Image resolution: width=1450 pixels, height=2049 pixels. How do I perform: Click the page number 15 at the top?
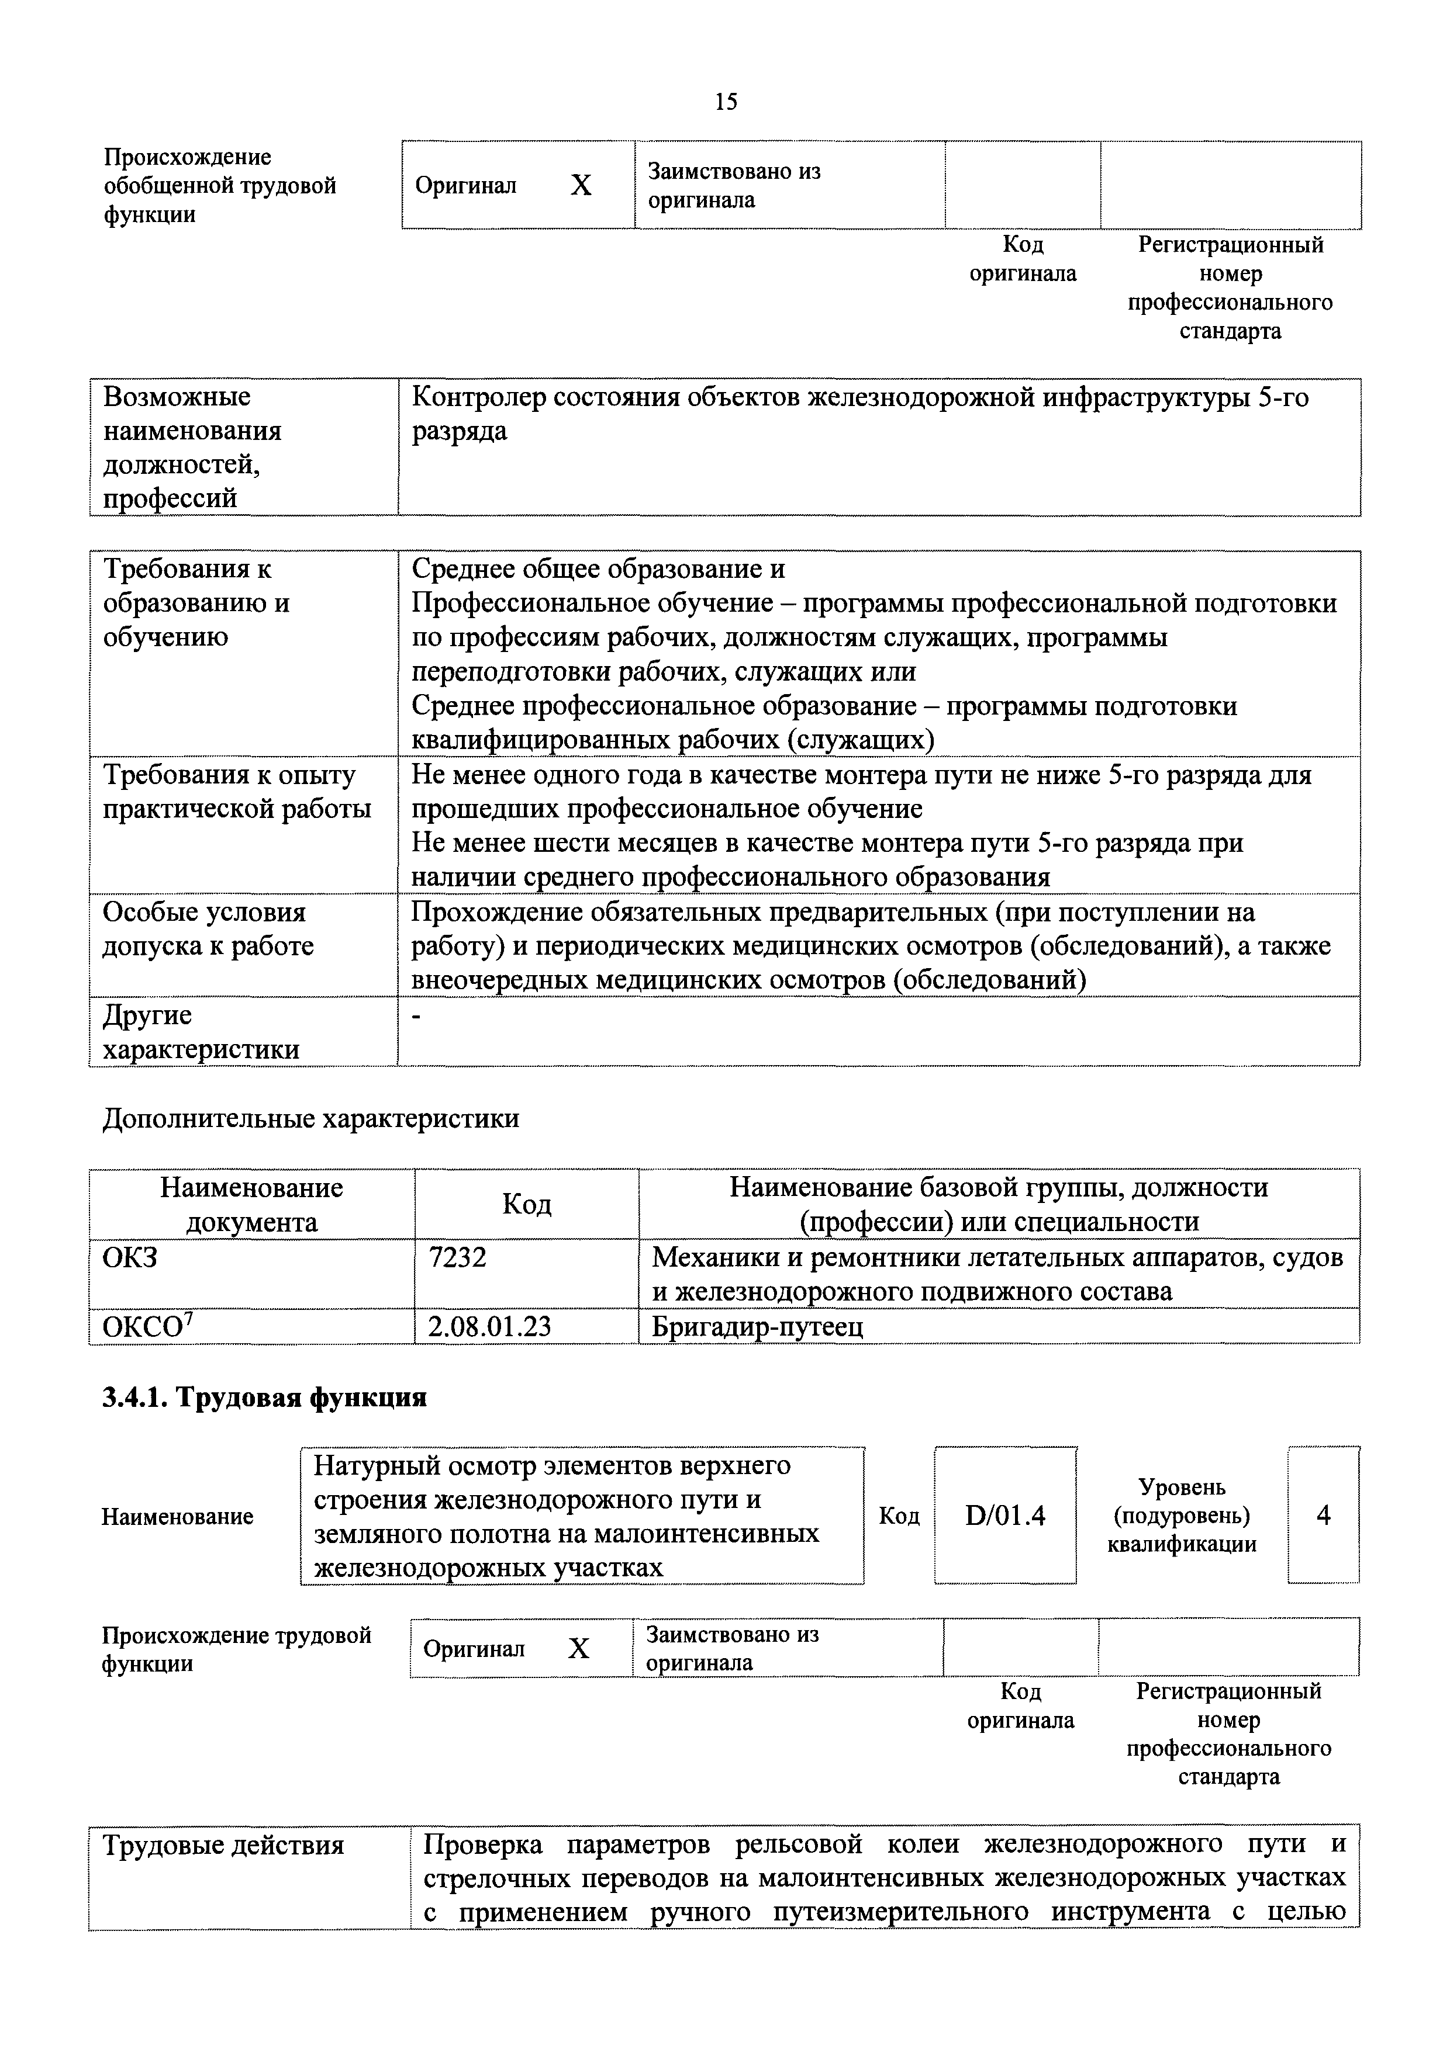[726, 102]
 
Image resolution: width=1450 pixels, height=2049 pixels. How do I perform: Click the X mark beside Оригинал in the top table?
[581, 186]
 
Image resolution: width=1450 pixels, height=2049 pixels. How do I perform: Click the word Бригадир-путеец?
[757, 1327]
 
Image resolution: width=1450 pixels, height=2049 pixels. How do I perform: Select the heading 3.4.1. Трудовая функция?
[264, 1396]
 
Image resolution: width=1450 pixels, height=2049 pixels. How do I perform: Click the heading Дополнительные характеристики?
[310, 1118]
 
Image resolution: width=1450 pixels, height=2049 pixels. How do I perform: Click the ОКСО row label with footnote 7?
[148, 1327]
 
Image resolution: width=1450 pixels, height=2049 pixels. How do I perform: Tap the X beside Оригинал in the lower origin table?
[579, 1648]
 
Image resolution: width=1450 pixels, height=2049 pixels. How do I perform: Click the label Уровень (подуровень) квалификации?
[1181, 1516]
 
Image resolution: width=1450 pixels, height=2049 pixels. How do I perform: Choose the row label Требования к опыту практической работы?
[237, 792]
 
